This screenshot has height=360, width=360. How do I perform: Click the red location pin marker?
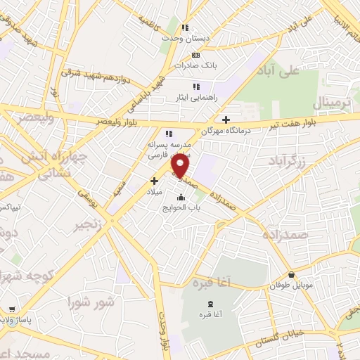(181, 166)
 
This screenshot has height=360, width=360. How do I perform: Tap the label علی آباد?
(298, 70)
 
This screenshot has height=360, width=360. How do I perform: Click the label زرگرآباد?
(288, 162)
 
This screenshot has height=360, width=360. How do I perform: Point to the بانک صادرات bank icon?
(195, 55)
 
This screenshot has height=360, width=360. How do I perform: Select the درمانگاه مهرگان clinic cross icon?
(225, 120)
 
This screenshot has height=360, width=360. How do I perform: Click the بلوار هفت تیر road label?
(295, 125)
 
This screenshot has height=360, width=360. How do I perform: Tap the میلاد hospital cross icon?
(154, 181)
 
